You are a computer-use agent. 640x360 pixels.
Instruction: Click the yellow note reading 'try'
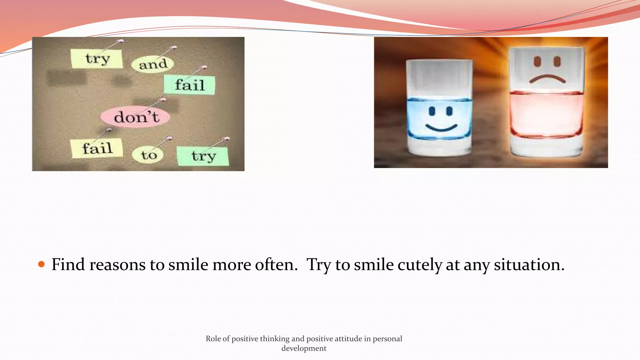coord(97,58)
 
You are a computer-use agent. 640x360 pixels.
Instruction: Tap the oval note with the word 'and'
coord(153,64)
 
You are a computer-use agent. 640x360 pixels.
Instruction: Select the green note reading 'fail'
coord(190,85)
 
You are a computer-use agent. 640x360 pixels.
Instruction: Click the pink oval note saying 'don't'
coord(136,117)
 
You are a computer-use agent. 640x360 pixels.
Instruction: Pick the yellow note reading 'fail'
coord(97,148)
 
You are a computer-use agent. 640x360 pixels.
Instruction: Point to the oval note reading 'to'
coord(148,155)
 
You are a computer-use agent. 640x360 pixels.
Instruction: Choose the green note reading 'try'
coord(203,156)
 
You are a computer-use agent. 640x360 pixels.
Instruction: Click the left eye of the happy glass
coord(432,111)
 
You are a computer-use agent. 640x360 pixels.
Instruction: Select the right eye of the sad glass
coord(557,61)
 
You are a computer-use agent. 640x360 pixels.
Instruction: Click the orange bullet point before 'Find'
coord(42,264)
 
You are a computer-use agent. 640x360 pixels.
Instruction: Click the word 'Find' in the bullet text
coord(68,264)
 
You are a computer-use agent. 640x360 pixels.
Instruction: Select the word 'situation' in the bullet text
coord(529,264)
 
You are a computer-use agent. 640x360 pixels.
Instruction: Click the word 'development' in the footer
coord(304,348)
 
